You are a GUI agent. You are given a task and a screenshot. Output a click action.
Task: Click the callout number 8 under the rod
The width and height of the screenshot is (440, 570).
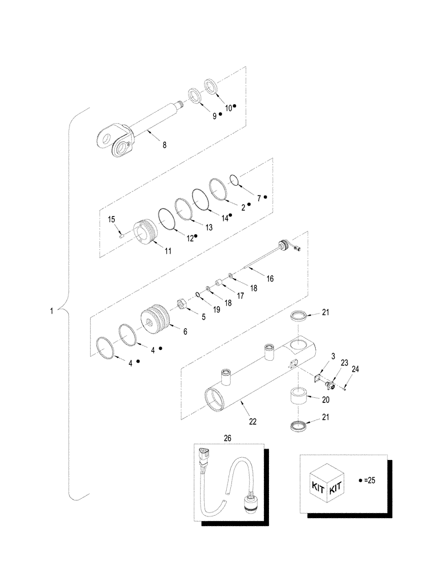(x=164, y=145)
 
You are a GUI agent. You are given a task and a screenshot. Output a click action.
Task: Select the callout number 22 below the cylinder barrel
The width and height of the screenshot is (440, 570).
(x=252, y=422)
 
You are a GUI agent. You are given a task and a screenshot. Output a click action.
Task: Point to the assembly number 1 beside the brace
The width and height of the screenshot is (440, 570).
(x=52, y=311)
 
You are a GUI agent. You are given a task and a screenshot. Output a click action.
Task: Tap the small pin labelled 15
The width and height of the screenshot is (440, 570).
(x=122, y=231)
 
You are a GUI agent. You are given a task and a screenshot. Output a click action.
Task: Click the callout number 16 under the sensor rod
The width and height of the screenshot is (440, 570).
(x=270, y=279)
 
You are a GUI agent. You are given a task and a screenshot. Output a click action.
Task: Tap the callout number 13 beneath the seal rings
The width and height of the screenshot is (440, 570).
(x=209, y=227)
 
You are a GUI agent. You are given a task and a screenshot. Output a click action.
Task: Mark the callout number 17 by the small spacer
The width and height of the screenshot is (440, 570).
(x=240, y=295)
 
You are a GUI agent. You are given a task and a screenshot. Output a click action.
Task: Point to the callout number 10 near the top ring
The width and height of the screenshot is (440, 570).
(x=229, y=107)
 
